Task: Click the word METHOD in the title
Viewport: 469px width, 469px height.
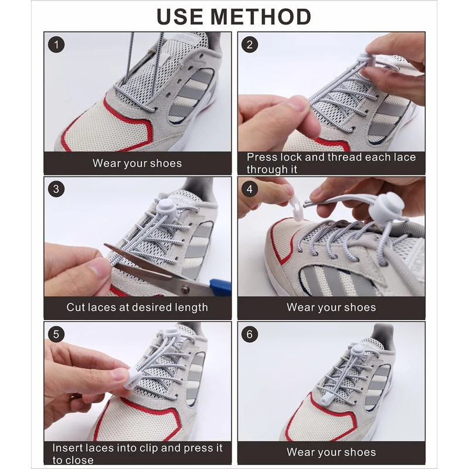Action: click(x=261, y=16)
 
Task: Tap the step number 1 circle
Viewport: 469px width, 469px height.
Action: click(x=56, y=45)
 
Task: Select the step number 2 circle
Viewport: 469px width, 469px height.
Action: click(x=250, y=45)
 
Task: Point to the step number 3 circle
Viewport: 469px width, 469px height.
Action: click(x=56, y=189)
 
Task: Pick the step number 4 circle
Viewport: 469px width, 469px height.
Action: click(x=250, y=189)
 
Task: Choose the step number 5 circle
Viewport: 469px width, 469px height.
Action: click(x=56, y=334)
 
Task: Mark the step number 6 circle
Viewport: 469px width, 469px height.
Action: click(x=250, y=334)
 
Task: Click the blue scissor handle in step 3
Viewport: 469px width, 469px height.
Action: click(x=220, y=286)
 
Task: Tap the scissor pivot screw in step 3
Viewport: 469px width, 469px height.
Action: click(x=185, y=289)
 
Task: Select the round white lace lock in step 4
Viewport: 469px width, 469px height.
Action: click(x=386, y=208)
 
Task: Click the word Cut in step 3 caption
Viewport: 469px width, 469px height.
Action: click(x=74, y=307)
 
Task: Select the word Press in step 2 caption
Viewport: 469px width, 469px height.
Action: click(x=260, y=157)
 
